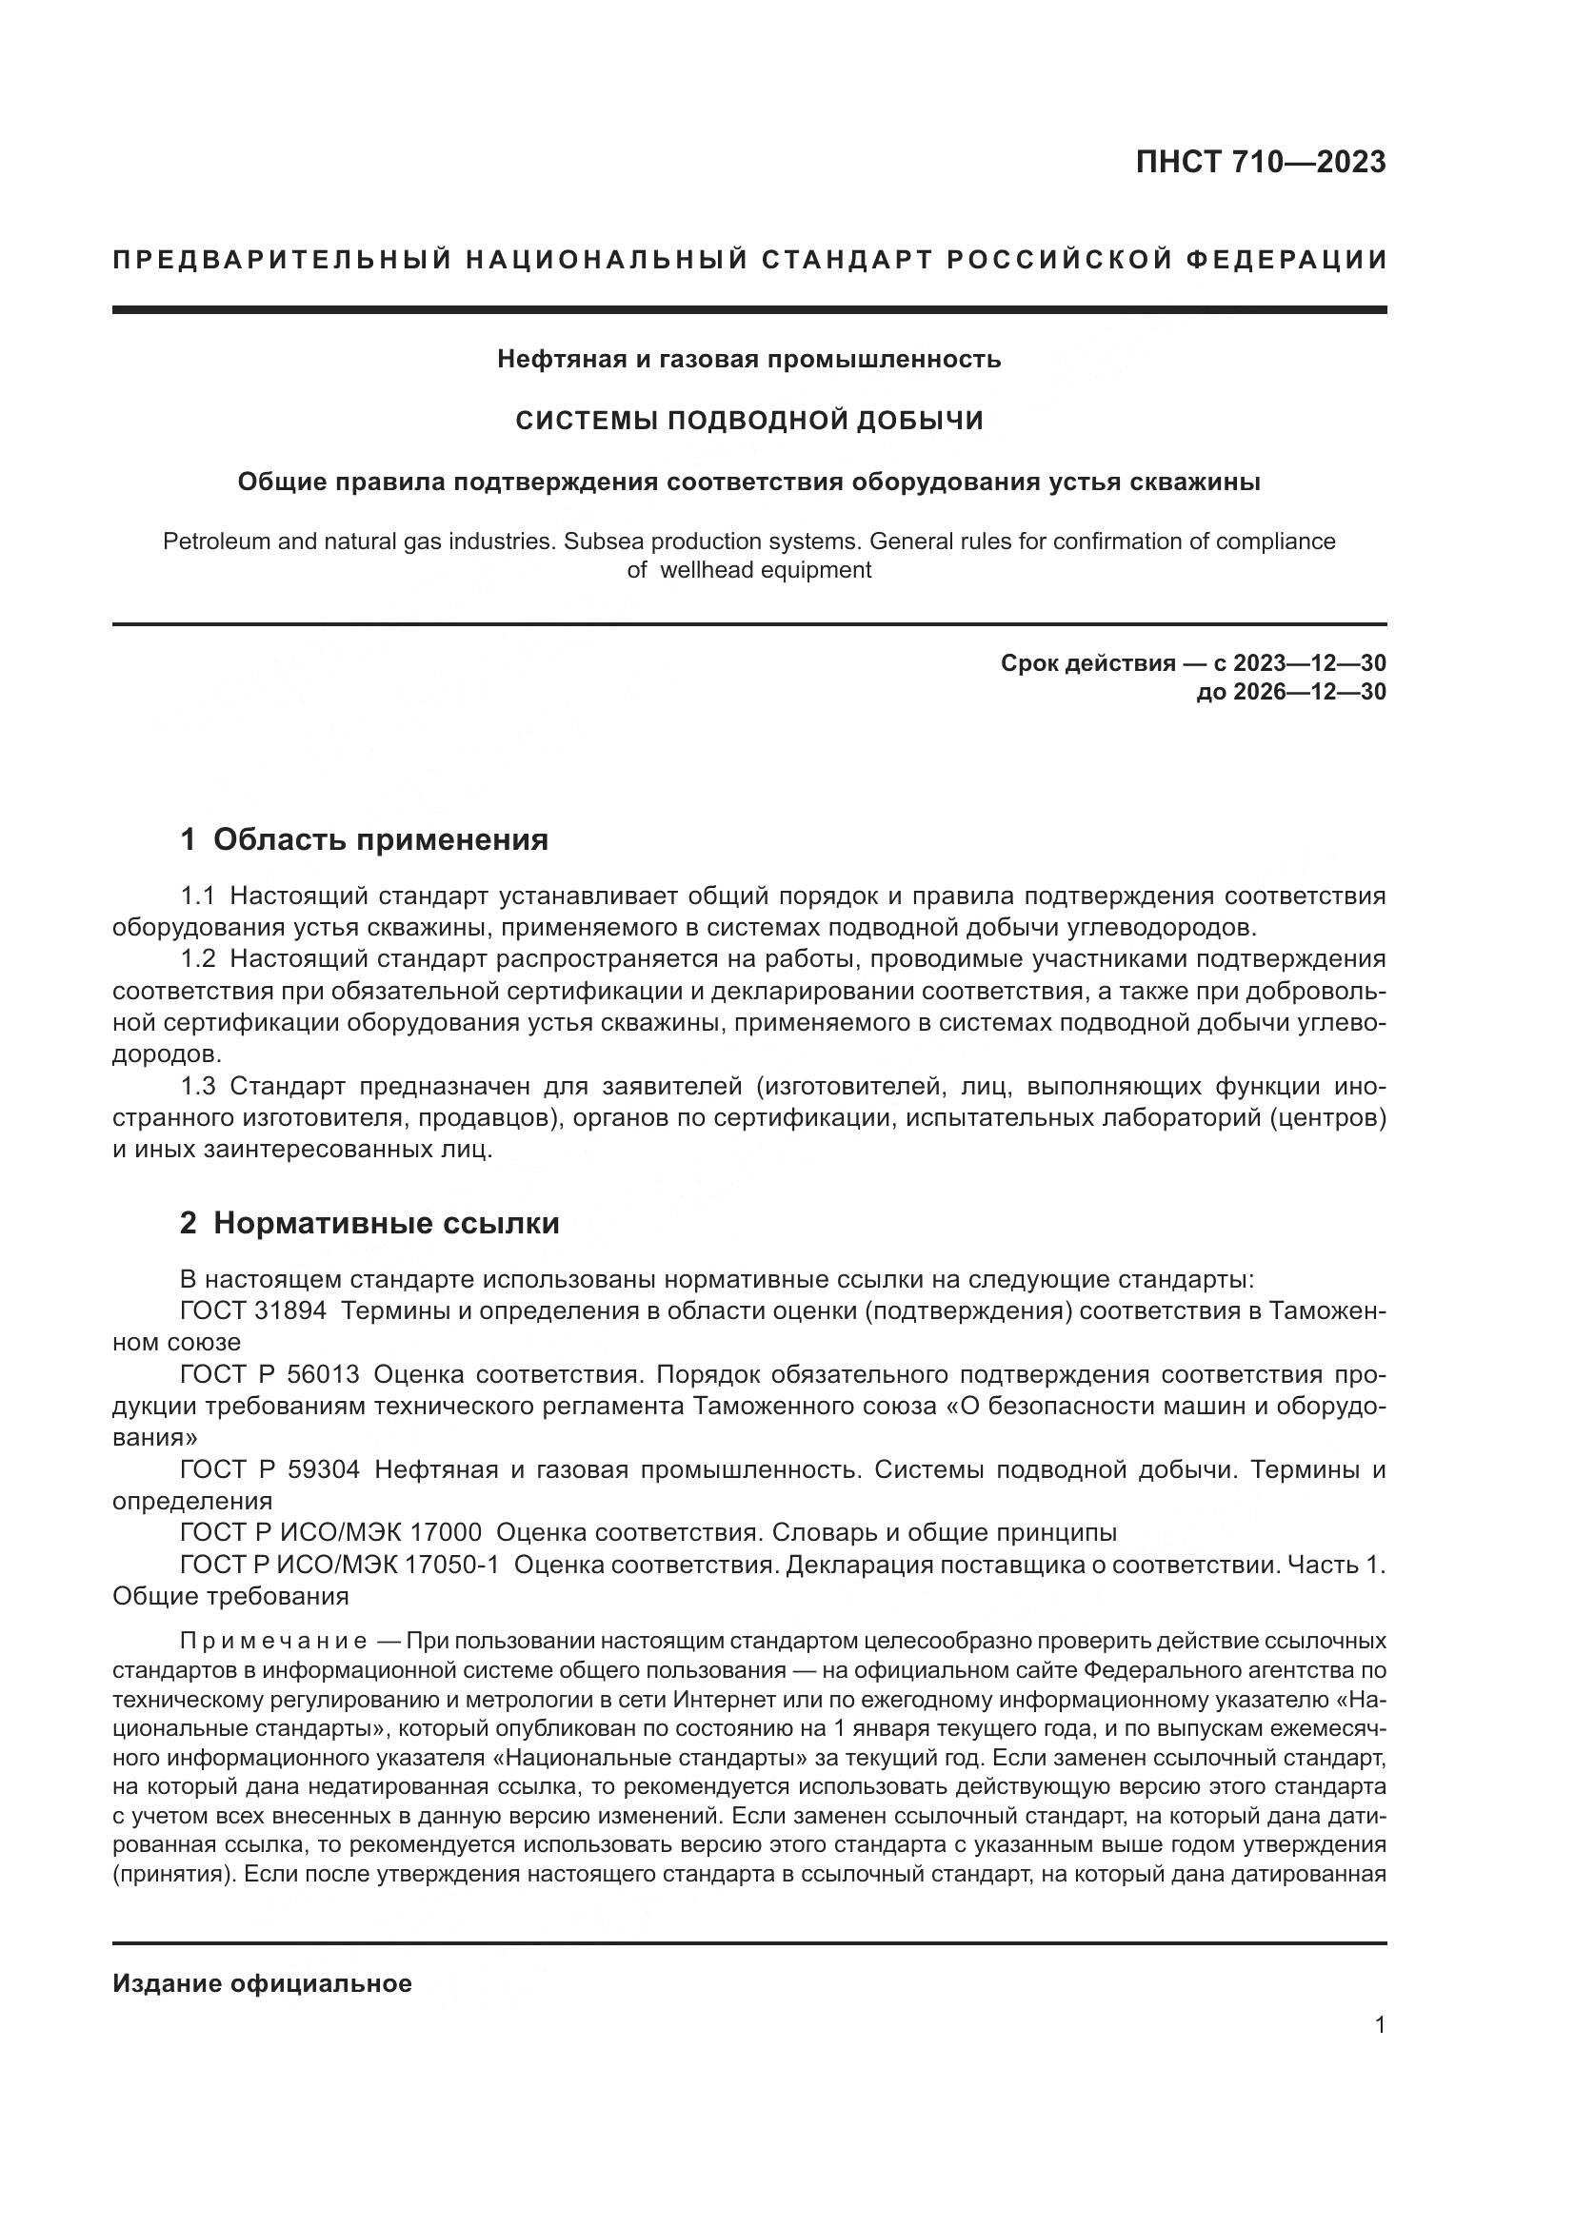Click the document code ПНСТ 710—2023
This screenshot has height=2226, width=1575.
1260,162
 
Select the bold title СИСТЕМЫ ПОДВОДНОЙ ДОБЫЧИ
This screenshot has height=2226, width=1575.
748,421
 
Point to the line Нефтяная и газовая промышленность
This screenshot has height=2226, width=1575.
748,360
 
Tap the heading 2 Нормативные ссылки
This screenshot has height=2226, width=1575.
369,1224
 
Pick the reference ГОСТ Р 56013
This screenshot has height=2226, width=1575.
269,1375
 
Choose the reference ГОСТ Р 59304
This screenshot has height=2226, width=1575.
269,1469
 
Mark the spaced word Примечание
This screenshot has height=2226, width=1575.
272,1642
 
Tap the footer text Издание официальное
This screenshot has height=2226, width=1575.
262,1983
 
